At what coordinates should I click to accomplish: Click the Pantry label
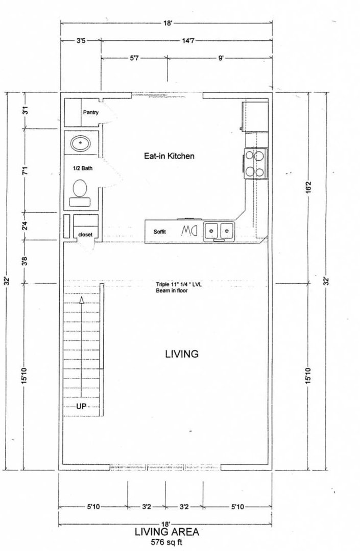91,112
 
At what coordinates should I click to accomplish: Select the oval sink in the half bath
81,143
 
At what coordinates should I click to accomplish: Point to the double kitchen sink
220,231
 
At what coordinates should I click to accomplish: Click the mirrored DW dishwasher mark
189,231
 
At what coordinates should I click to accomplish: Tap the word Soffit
160,232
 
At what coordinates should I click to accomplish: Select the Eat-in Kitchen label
169,156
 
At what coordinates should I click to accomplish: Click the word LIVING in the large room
182,354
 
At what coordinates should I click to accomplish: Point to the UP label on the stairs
81,406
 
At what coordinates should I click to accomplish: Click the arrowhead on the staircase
81,300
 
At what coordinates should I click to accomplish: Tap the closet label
85,235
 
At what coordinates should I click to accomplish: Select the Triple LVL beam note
179,287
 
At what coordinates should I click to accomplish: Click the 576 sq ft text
166,542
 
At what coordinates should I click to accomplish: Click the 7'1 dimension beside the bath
25,171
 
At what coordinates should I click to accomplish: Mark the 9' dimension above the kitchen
221,58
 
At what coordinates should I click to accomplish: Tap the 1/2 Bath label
83,168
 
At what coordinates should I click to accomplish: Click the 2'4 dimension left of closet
25,227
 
